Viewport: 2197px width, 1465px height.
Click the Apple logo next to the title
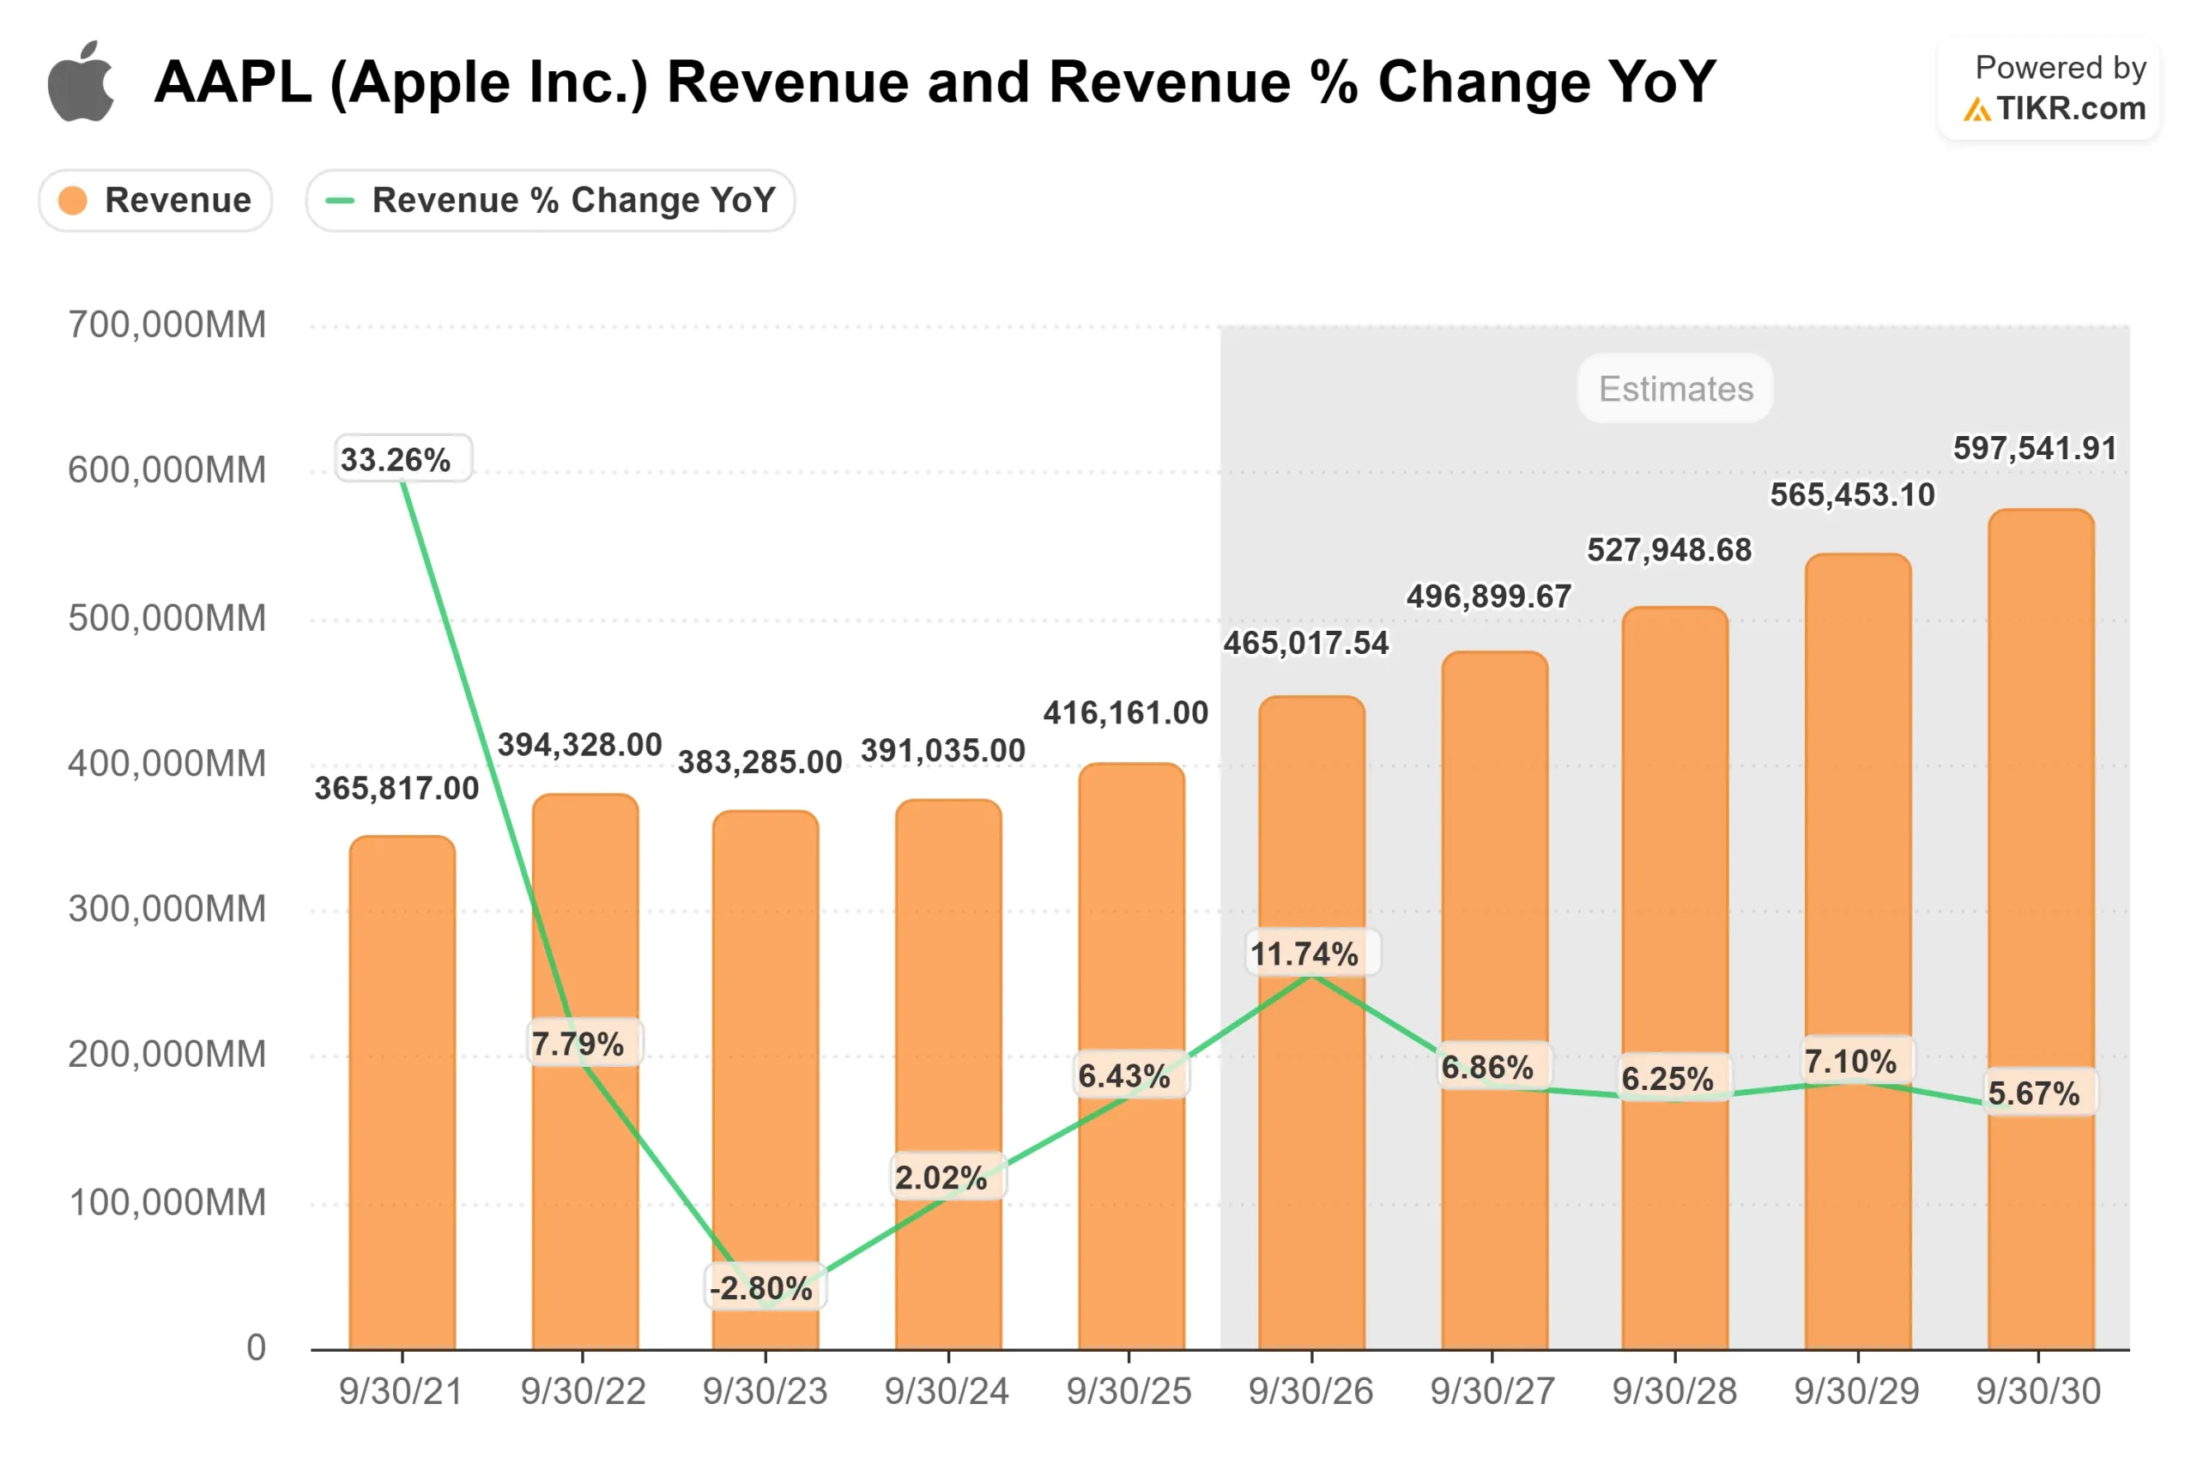(82, 82)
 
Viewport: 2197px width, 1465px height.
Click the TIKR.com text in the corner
(2070, 109)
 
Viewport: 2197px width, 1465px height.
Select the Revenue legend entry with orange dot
(155, 200)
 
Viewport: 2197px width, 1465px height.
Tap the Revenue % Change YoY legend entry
(550, 200)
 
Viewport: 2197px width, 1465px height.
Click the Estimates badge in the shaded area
(1675, 389)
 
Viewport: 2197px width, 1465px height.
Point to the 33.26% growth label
(395, 460)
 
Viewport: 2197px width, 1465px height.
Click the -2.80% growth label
(761, 1288)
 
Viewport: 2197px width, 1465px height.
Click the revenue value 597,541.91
(2035, 449)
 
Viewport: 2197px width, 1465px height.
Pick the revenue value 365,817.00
(396, 789)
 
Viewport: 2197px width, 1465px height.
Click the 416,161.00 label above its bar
(1126, 714)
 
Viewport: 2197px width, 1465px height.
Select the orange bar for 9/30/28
(1675, 981)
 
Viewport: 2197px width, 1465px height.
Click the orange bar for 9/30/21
(402, 1093)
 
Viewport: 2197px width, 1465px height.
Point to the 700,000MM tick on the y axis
(167, 325)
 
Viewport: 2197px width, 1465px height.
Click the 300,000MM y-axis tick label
(167, 909)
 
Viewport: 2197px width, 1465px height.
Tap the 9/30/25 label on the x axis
(1129, 1391)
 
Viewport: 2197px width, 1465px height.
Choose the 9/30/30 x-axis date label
(2037, 1391)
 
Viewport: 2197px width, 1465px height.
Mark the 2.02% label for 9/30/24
(941, 1177)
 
